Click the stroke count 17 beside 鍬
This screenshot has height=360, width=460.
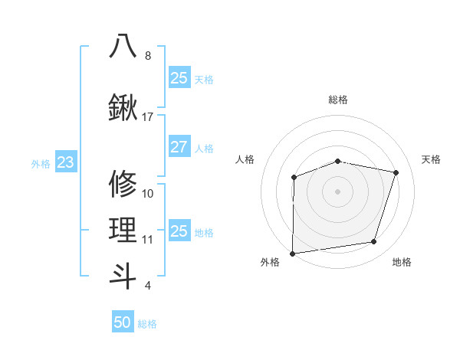(148, 117)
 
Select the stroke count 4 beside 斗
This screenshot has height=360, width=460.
(147, 286)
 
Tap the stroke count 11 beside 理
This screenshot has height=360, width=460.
(148, 239)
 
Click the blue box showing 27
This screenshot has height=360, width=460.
(179, 148)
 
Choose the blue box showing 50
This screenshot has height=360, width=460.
(123, 322)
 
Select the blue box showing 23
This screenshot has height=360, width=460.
(65, 162)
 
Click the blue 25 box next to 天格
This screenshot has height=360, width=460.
(179, 78)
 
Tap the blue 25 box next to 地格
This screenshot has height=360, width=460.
(179, 231)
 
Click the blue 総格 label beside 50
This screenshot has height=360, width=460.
(147, 324)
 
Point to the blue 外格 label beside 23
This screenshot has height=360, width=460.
(41, 164)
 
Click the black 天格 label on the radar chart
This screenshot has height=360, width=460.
(432, 159)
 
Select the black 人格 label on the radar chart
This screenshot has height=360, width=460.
(245, 159)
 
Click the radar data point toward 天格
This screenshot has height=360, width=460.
(396, 172)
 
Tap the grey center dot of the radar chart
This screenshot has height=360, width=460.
(337, 191)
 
